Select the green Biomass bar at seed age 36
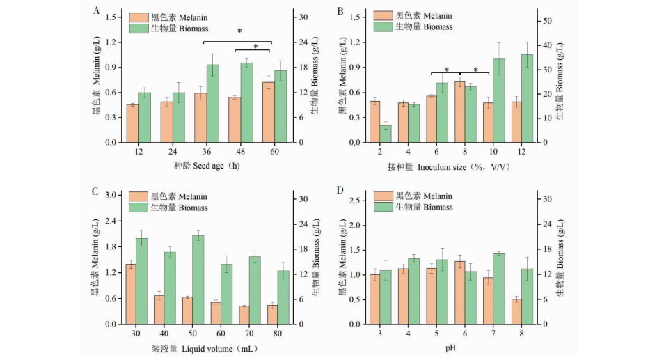[x=213, y=104]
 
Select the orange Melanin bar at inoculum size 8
[x=460, y=112]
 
